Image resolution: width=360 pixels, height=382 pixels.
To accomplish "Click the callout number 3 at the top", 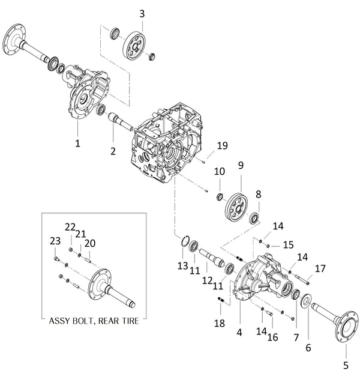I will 142,13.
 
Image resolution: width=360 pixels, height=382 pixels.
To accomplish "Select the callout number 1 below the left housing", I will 77,144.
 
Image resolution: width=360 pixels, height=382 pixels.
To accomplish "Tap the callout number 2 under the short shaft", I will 112,151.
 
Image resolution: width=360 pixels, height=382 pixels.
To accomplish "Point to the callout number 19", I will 222,145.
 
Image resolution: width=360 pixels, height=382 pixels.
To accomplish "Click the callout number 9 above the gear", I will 240,165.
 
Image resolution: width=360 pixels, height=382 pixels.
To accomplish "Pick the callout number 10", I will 220,171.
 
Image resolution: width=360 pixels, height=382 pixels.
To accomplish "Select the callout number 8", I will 259,194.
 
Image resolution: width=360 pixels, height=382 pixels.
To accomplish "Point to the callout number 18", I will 220,323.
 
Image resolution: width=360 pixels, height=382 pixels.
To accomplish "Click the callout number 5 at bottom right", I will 345,364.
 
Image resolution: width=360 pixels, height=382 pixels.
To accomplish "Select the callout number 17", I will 320,268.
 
